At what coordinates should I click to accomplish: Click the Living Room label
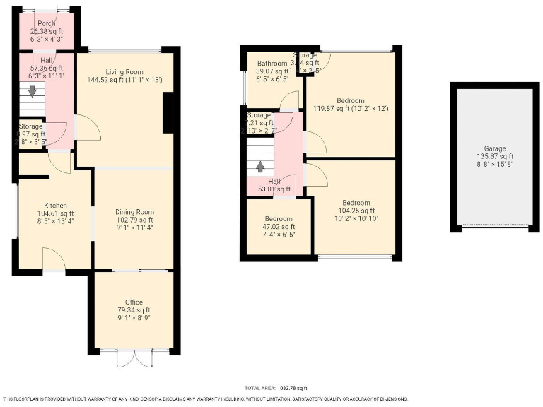(124, 72)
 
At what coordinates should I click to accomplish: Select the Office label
(134, 302)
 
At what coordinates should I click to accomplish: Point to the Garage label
(494, 148)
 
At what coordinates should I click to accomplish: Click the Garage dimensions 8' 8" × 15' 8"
(494, 164)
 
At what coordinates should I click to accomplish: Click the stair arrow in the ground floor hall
(31, 90)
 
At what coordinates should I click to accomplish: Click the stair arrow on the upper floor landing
(261, 167)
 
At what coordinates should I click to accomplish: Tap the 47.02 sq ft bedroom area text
(278, 227)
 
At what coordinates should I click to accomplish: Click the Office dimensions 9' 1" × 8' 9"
(134, 318)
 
